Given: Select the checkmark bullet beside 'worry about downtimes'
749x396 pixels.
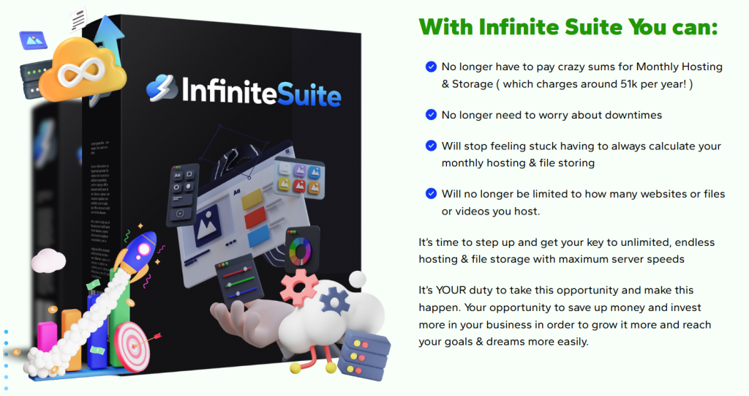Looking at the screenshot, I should pyautogui.click(x=431, y=115).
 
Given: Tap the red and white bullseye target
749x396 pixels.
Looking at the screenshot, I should pyautogui.click(x=131, y=344).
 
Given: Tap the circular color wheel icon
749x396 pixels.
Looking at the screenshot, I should pyautogui.click(x=300, y=248).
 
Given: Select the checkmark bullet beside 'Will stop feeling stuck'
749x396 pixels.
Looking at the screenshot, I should pyautogui.click(x=431, y=146).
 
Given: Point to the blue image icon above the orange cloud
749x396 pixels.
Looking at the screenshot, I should pyautogui.click(x=32, y=39).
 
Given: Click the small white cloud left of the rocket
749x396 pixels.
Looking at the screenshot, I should pyautogui.click(x=49, y=260).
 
